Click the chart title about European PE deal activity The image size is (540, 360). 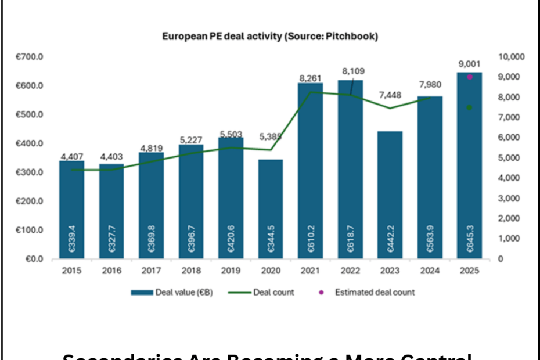pos(269,36)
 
